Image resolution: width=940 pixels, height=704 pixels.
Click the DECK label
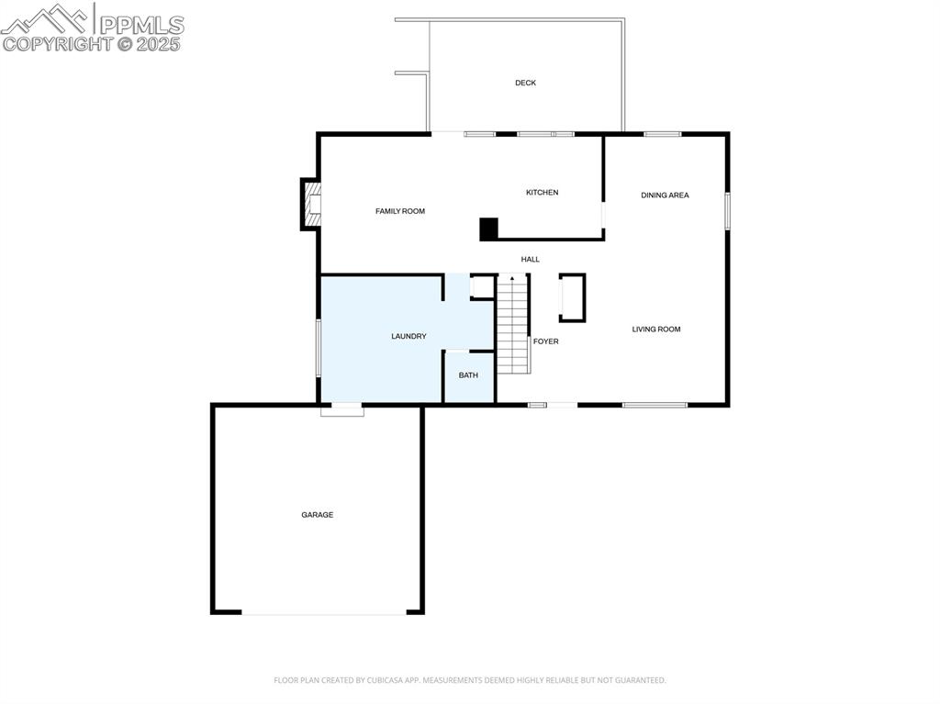click(525, 83)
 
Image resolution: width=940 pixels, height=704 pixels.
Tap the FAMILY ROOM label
click(400, 211)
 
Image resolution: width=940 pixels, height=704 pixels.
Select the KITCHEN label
click(542, 193)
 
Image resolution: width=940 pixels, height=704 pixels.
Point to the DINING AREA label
click(665, 195)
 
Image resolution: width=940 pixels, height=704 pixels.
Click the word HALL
click(530, 259)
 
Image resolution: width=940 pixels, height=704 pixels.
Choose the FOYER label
click(545, 341)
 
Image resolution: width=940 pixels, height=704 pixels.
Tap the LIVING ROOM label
click(655, 330)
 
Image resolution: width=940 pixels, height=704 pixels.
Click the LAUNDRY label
click(408, 337)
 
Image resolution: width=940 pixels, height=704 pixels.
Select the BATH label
click(468, 375)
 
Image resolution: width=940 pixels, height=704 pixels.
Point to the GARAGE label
click(317, 515)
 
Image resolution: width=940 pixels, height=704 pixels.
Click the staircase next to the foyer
click(513, 324)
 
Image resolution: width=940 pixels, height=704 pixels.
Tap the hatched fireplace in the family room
click(312, 204)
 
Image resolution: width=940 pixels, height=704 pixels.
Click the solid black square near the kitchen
click(488, 229)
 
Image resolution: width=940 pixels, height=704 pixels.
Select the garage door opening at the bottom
click(324, 613)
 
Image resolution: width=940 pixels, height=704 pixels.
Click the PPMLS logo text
click(141, 25)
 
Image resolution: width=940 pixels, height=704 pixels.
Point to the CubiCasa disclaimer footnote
click(469, 680)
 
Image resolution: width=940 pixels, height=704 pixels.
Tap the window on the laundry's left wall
click(319, 348)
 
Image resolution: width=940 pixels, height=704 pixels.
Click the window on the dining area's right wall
click(727, 210)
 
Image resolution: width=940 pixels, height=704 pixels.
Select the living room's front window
click(655, 406)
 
